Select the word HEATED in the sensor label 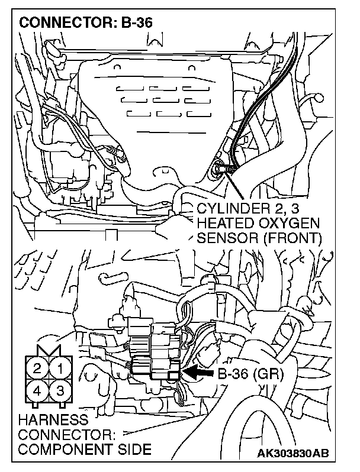tap(221, 224)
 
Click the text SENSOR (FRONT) tap(258, 238)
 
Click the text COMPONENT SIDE tap(85, 450)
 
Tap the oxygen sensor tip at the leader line tap(220, 170)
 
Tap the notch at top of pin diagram tap(48, 351)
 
